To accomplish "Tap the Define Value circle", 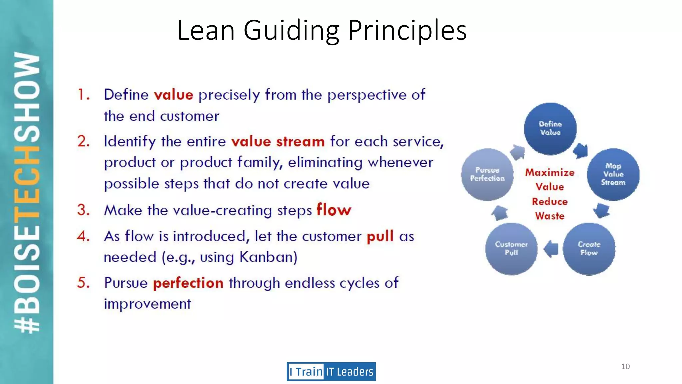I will tap(550, 128).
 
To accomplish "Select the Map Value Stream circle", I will tap(613, 174).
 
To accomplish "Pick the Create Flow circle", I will tap(589, 249).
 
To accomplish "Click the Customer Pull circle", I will tap(511, 249).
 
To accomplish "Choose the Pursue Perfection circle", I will tap(487, 174).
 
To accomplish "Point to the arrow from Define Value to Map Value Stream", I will tap(581, 150).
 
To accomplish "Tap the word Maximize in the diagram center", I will tap(550, 172).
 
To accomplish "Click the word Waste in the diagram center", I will tap(550, 216).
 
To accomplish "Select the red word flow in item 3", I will tap(334, 210).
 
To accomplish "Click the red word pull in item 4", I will tap(380, 236).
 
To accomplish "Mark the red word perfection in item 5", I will tap(188, 283).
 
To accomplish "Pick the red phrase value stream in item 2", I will tap(278, 142).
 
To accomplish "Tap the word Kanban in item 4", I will tap(268, 257).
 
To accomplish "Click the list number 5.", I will tap(83, 283).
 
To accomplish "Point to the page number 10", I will tap(625, 366).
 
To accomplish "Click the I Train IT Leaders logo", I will tap(331, 371).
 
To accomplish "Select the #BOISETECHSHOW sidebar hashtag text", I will tap(27, 192).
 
